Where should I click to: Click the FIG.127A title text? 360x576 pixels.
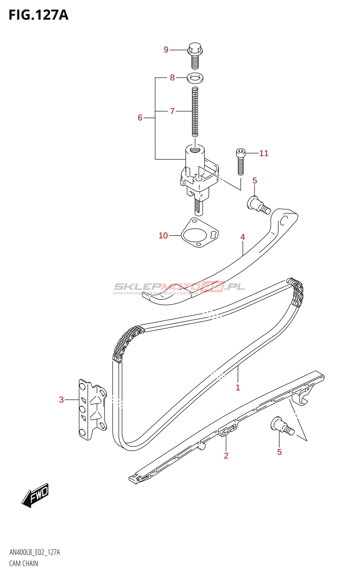pyautogui.click(x=38, y=15)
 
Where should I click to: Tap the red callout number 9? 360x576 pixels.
pyautogui.click(x=166, y=50)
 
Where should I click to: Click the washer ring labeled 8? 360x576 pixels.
pyautogui.click(x=195, y=77)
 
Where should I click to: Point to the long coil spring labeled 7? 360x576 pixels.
pyautogui.click(x=195, y=112)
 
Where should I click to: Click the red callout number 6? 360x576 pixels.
pyautogui.click(x=140, y=118)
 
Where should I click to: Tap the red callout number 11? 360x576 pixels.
pyautogui.click(x=264, y=153)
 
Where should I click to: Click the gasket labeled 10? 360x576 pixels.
pyautogui.click(x=199, y=233)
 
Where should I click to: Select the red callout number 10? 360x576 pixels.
pyautogui.click(x=163, y=235)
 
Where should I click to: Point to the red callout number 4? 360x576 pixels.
pyautogui.click(x=243, y=237)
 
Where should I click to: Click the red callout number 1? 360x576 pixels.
pyautogui.click(x=238, y=388)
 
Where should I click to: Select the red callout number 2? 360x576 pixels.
pyautogui.click(x=226, y=456)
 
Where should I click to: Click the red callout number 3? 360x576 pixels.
pyautogui.click(x=62, y=400)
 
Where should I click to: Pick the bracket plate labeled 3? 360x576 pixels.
pyautogui.click(x=92, y=409)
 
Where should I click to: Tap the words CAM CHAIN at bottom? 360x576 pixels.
pyautogui.click(x=24, y=563)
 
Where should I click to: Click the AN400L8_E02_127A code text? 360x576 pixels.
pyautogui.click(x=35, y=552)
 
